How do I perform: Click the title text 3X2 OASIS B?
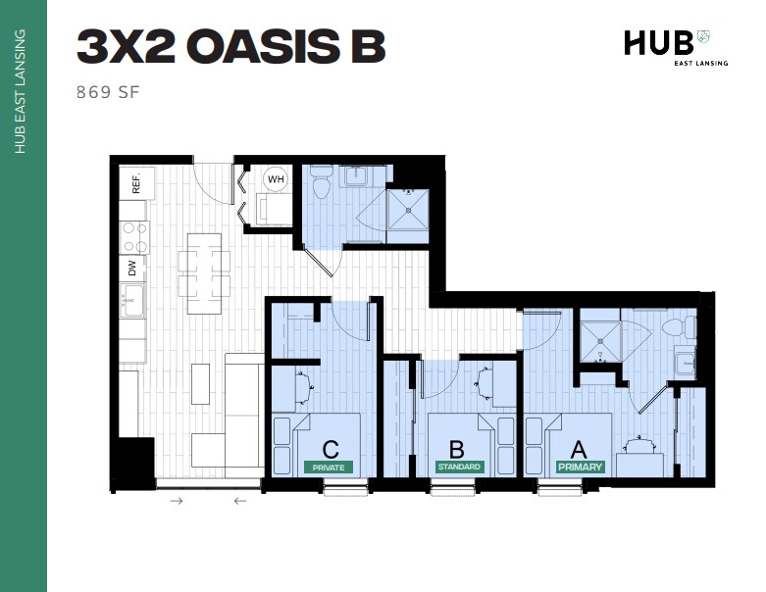point(230,46)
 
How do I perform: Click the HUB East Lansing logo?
point(666,47)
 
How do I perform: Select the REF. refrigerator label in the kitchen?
point(136,182)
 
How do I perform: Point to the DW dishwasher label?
point(131,267)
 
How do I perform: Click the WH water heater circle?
point(275,179)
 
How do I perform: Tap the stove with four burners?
point(133,236)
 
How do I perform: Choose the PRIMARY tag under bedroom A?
point(579,468)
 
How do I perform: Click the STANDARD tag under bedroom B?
point(459,468)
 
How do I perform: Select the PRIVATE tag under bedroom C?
point(330,468)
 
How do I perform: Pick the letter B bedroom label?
point(459,450)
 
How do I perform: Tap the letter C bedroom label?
point(331,450)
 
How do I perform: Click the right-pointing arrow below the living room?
point(177,501)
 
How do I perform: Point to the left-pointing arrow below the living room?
point(240,501)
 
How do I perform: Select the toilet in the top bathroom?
point(322,186)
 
